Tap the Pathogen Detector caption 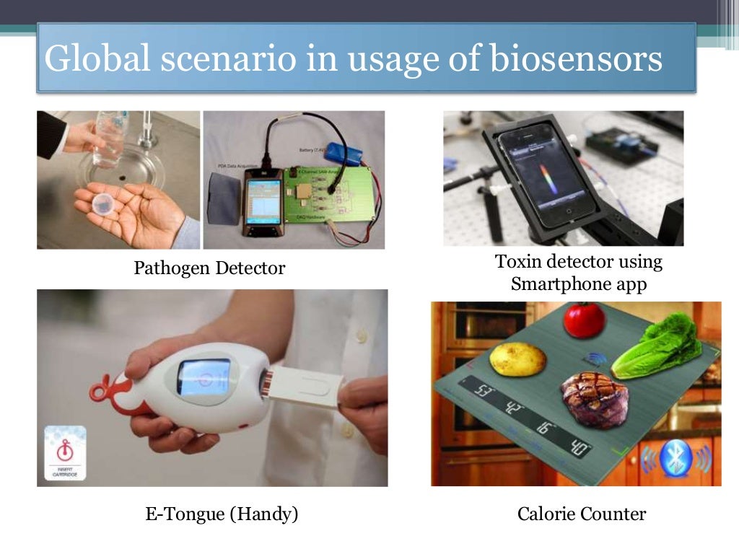tap(209, 268)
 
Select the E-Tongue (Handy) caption tap(222, 514)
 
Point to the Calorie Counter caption tap(581, 514)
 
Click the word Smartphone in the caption tap(554, 284)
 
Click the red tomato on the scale tap(583, 319)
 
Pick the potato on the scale tap(517, 359)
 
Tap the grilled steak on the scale tap(594, 398)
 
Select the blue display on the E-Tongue tap(204, 377)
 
